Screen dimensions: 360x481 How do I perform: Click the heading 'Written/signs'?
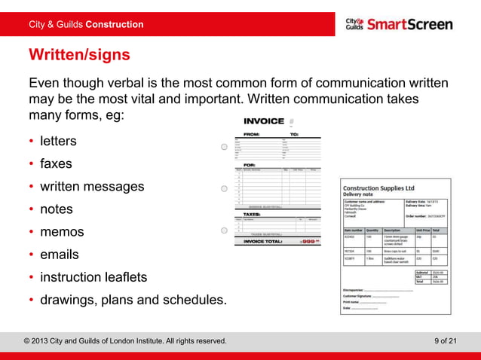pyautogui.click(x=79, y=55)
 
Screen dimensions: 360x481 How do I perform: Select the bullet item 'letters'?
pyautogui.click(x=58, y=141)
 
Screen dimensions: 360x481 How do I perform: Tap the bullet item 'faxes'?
pyautogui.click(x=57, y=163)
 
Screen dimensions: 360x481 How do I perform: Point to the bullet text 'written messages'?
pyautogui.click(x=91, y=186)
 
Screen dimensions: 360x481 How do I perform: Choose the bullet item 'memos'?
pyautogui.click(x=62, y=232)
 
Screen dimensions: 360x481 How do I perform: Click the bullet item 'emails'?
pyautogui.click(x=60, y=255)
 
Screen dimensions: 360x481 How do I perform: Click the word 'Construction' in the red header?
pyautogui.click(x=114, y=24)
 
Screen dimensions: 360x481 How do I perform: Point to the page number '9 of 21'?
pyautogui.click(x=446, y=341)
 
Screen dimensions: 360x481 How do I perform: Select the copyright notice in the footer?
pyautogui.click(x=125, y=341)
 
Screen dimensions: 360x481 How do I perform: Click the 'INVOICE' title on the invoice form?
pyautogui.click(x=264, y=121)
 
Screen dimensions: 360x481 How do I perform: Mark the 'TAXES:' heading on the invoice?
pyautogui.click(x=253, y=214)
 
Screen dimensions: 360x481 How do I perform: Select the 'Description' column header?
pyautogui.click(x=392, y=230)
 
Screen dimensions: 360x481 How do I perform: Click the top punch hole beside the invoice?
pyautogui.click(x=225, y=147)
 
